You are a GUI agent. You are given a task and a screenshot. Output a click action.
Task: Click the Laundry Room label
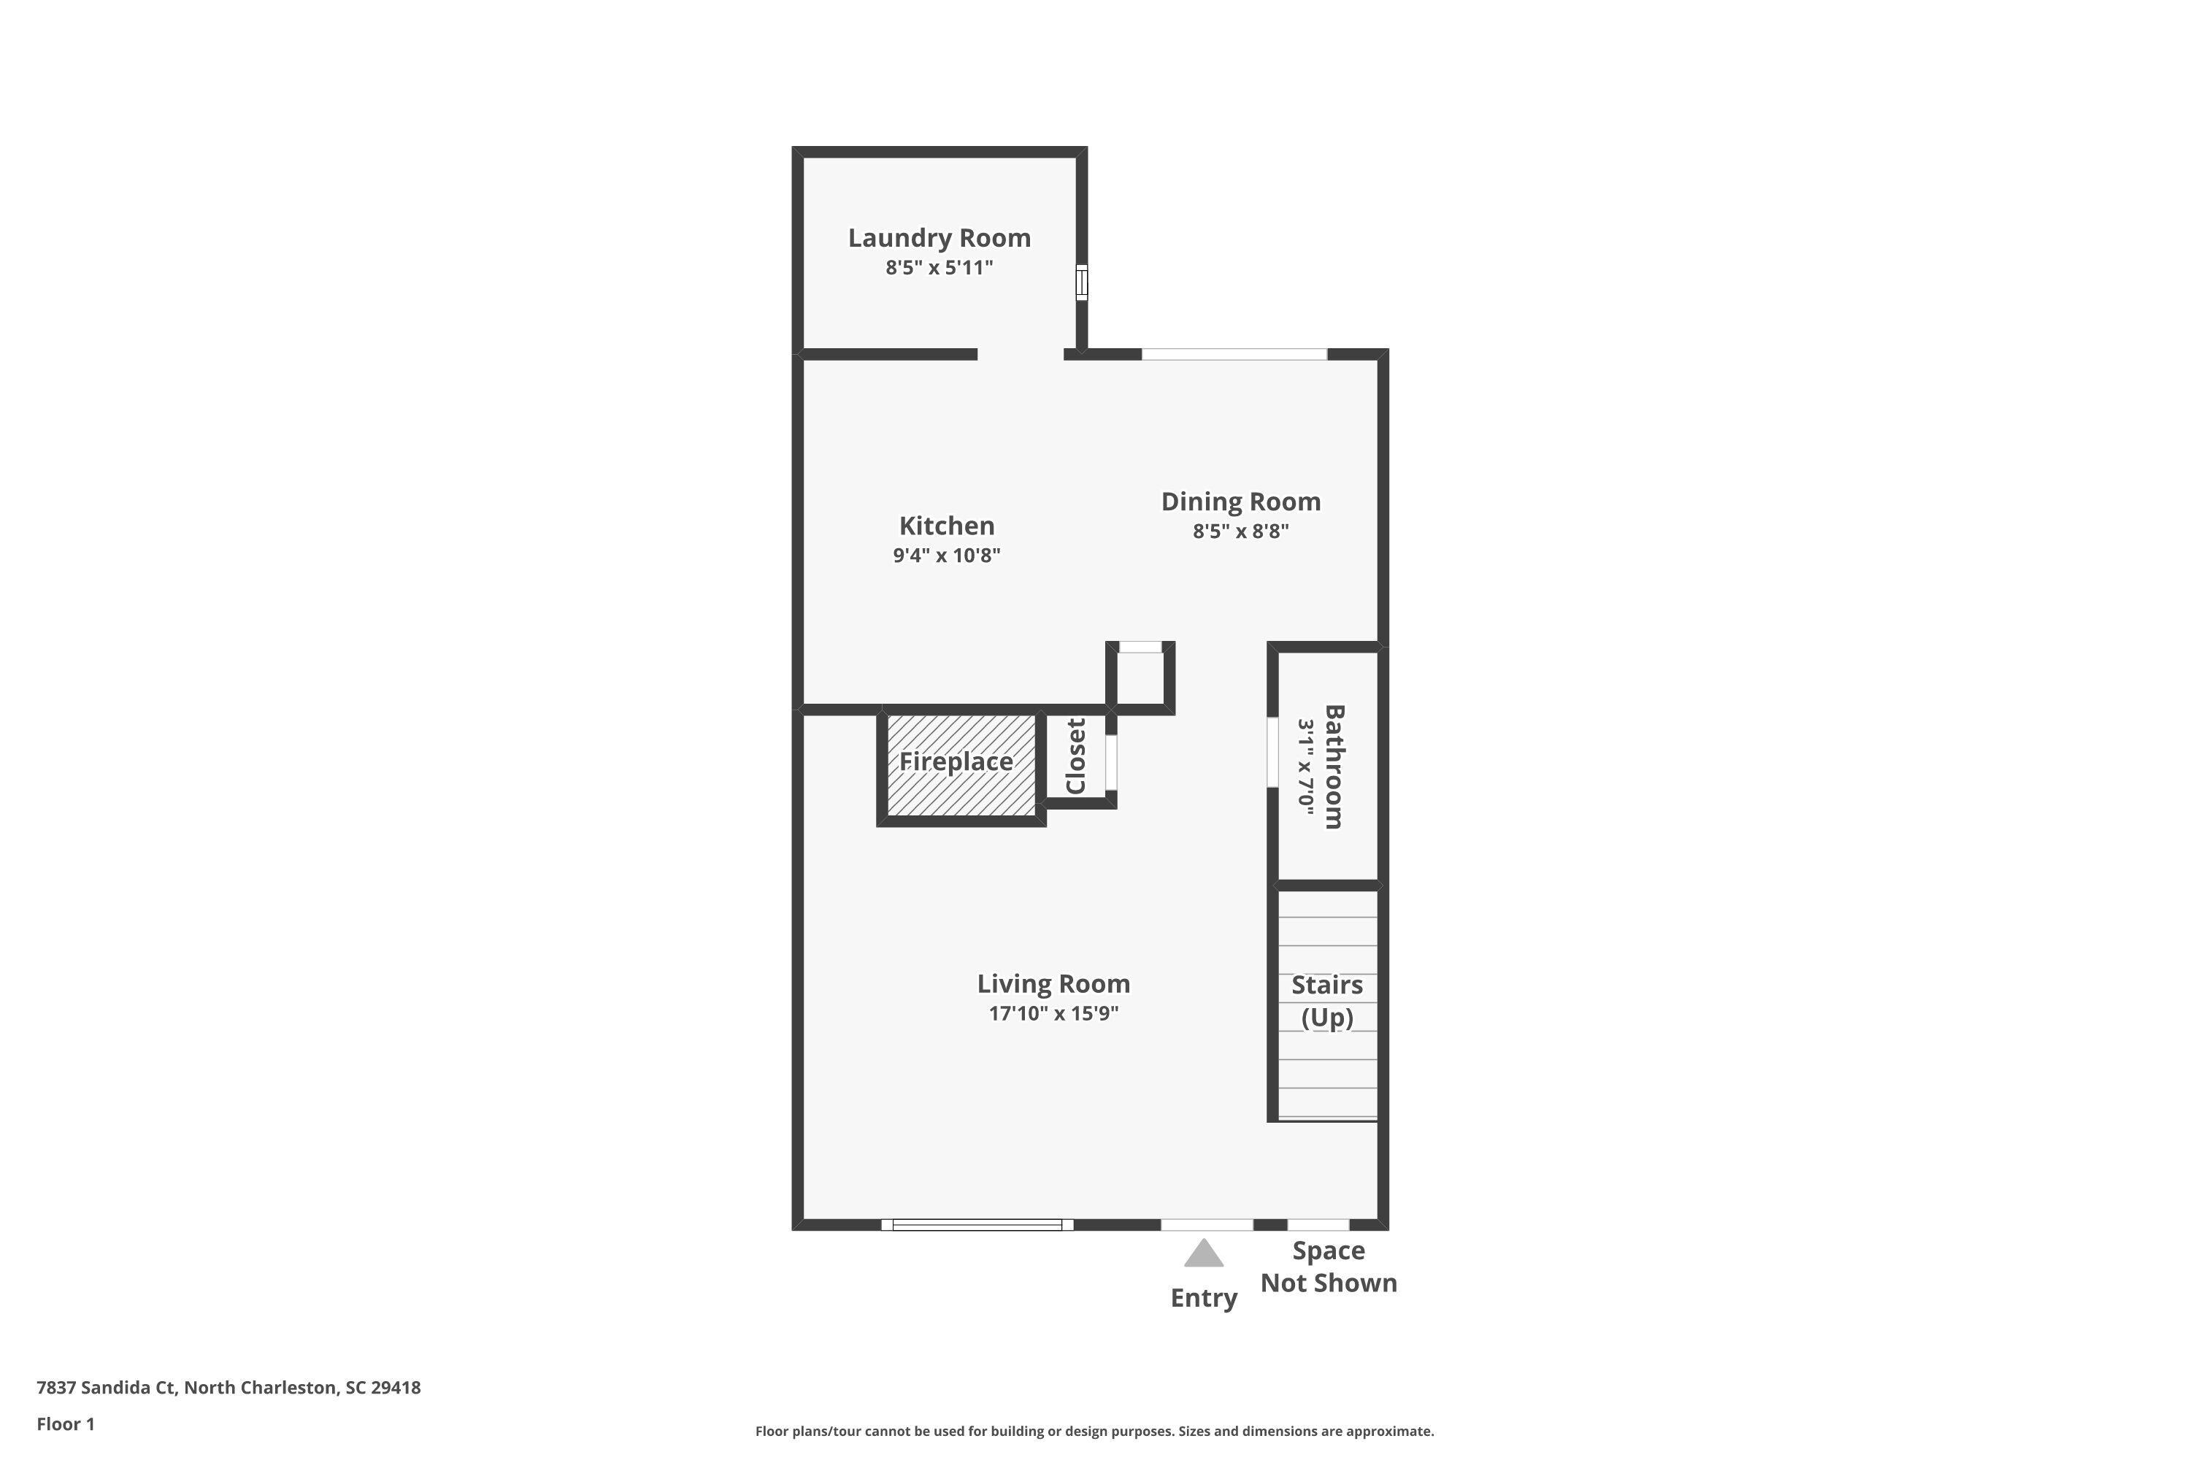pos(939,239)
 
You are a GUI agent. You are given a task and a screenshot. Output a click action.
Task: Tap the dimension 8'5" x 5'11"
pos(939,268)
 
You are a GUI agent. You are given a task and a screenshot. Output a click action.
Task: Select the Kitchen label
pos(946,526)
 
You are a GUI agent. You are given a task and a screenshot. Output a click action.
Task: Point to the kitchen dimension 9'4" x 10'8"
pos(946,556)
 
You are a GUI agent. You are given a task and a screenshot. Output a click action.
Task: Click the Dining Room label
pos(1240,502)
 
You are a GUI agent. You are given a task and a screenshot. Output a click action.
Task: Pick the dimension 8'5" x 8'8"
pos(1240,531)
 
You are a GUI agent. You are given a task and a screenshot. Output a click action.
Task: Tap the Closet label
pos(1075,756)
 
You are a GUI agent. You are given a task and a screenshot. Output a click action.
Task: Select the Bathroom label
pos(1334,766)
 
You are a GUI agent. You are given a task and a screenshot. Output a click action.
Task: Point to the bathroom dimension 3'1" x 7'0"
pos(1307,766)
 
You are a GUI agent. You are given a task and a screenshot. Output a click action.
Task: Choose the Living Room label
pos(1053,984)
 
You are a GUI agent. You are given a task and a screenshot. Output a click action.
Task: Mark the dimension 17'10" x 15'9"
pos(1053,1013)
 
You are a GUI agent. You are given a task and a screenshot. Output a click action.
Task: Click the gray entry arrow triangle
pos(1203,1254)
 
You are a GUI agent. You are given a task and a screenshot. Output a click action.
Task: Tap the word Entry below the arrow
pos(1203,1298)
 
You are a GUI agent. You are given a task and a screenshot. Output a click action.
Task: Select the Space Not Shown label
pos(1328,1267)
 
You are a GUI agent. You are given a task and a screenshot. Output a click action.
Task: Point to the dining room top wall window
pos(1234,354)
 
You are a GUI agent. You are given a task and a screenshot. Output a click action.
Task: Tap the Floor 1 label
pos(65,1423)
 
